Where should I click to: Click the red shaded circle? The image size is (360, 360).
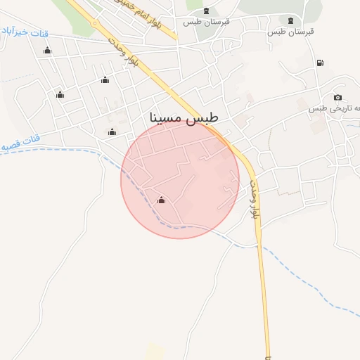click(x=180, y=179)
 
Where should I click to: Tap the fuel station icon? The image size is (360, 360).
click(x=321, y=63)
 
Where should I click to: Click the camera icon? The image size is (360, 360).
click(x=337, y=97)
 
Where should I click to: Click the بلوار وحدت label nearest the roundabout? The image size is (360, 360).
click(x=122, y=53)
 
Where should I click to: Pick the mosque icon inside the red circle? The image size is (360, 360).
click(x=161, y=200)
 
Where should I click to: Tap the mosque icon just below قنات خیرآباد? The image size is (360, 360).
click(x=48, y=50)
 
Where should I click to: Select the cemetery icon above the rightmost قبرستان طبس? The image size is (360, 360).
click(x=291, y=19)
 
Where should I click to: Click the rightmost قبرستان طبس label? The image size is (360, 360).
click(x=290, y=32)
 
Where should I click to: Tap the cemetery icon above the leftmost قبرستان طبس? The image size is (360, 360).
click(x=205, y=10)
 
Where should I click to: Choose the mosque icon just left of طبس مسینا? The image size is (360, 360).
click(x=112, y=131)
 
